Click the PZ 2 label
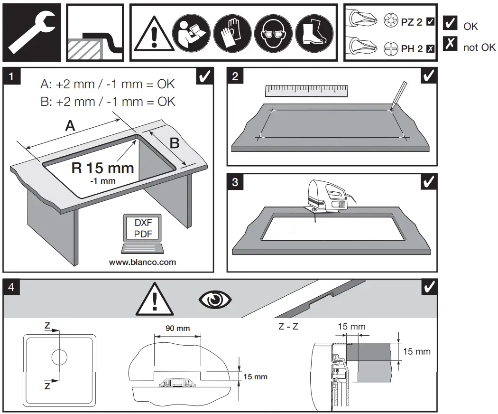pyautogui.click(x=411, y=22)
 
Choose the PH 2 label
pyautogui.click(x=411, y=48)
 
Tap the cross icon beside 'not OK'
pyautogui.click(x=450, y=45)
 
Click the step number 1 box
pyautogui.click(x=12, y=76)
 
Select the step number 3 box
pyautogui.click(x=236, y=183)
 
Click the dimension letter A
pyautogui.click(x=70, y=126)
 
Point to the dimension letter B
pyautogui.click(x=175, y=142)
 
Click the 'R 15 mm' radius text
pyautogui.click(x=103, y=168)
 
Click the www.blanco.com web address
pyautogui.click(x=142, y=262)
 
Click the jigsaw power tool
pyautogui.click(x=327, y=196)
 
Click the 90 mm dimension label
pyautogui.click(x=177, y=328)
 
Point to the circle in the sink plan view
pyautogui.click(x=59, y=357)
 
